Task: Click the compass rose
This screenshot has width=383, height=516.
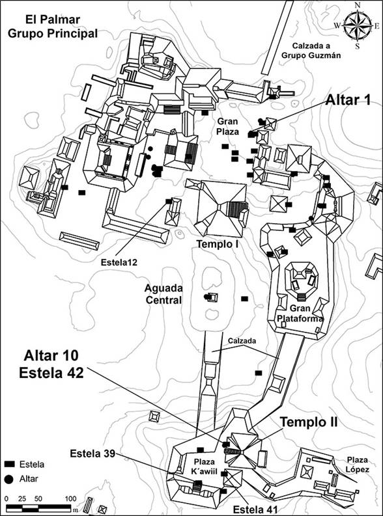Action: [358, 25]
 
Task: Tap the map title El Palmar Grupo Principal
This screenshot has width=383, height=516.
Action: [53, 26]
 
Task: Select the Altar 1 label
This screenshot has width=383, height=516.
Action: [348, 100]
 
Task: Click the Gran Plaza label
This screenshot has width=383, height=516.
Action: [227, 127]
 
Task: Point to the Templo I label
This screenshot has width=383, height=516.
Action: [218, 244]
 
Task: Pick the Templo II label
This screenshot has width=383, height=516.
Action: [309, 422]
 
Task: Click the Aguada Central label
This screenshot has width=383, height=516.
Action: [163, 294]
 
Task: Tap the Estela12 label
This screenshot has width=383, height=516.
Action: [119, 263]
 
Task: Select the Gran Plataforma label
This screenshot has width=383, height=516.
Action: [300, 313]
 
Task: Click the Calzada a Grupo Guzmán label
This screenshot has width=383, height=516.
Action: [311, 50]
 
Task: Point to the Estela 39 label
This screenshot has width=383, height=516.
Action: [92, 454]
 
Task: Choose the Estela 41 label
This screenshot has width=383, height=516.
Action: [255, 509]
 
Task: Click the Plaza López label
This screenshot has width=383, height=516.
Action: [357, 465]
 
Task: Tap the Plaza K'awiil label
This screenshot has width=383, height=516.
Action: [204, 467]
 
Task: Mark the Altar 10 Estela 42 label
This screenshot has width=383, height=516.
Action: [51, 364]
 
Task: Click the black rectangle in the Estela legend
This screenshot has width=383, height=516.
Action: [10, 464]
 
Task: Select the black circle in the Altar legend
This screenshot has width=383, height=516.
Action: [9, 479]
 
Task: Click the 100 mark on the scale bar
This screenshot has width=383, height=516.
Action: [70, 498]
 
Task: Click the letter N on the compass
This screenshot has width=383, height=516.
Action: [358, 5]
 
